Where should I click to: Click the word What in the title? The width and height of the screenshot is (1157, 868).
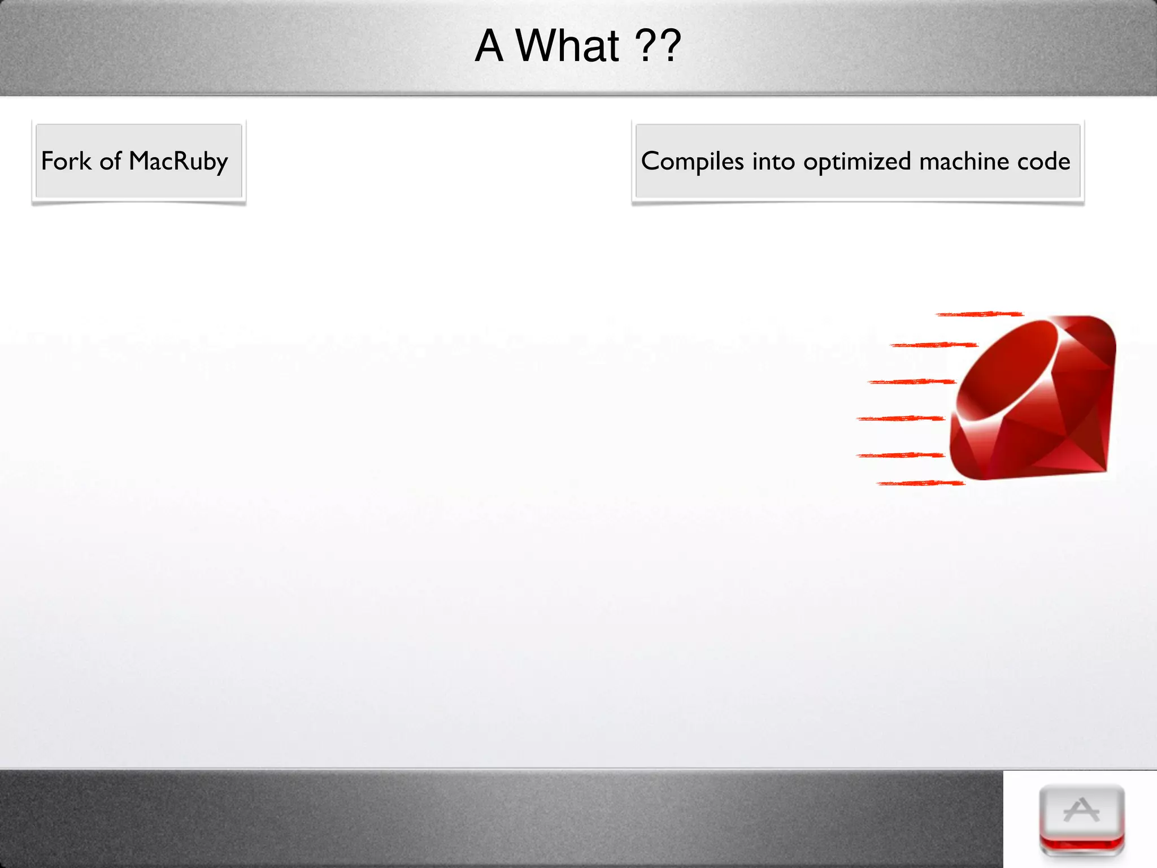(568, 46)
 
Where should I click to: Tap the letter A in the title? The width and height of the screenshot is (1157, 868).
(489, 46)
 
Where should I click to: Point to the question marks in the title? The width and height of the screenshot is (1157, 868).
(658, 46)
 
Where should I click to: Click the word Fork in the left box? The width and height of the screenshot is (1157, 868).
(66, 161)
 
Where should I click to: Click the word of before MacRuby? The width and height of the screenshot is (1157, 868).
(110, 161)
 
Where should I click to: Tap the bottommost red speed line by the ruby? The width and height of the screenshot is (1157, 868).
(921, 483)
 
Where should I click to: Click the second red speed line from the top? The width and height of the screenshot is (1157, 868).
(934, 345)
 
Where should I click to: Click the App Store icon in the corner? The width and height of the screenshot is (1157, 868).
(1081, 819)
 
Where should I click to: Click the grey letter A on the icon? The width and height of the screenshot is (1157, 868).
(1081, 810)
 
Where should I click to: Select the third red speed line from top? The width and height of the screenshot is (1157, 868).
(911, 382)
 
